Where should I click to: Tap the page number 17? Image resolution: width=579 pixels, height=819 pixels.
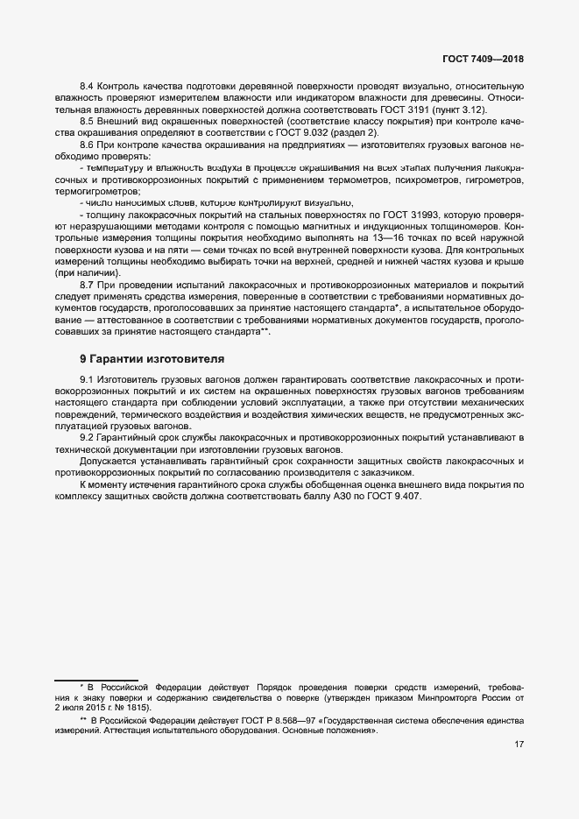pos(519,745)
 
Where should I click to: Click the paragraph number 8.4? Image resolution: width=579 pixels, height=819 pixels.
pos(88,87)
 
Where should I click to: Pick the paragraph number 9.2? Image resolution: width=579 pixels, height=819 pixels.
pos(88,436)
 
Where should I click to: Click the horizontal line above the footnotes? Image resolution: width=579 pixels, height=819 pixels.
pos(84,679)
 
